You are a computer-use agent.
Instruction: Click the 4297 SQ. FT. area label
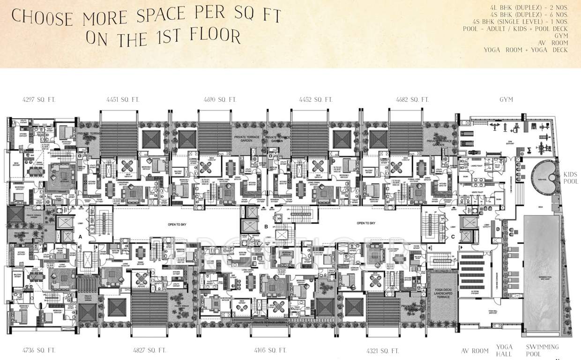click(39, 99)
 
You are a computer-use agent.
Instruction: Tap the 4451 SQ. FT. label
click(123, 99)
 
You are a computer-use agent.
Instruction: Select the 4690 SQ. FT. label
click(220, 99)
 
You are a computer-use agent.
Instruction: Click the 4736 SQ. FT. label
click(39, 350)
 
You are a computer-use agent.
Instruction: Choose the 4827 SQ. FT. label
click(150, 350)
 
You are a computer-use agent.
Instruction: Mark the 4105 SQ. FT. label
click(270, 350)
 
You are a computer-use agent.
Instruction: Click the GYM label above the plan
click(506, 99)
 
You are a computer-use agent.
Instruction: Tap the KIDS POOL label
click(570, 178)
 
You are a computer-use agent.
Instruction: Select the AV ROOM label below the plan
click(475, 351)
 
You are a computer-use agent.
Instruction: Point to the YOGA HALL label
click(505, 350)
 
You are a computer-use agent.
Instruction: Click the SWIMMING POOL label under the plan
click(542, 350)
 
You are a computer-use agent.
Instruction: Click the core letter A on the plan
click(80, 237)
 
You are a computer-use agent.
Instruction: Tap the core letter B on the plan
click(266, 227)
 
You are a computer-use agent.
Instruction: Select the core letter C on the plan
click(453, 237)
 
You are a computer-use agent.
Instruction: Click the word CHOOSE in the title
click(43, 17)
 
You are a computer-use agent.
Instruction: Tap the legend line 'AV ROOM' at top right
click(554, 43)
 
